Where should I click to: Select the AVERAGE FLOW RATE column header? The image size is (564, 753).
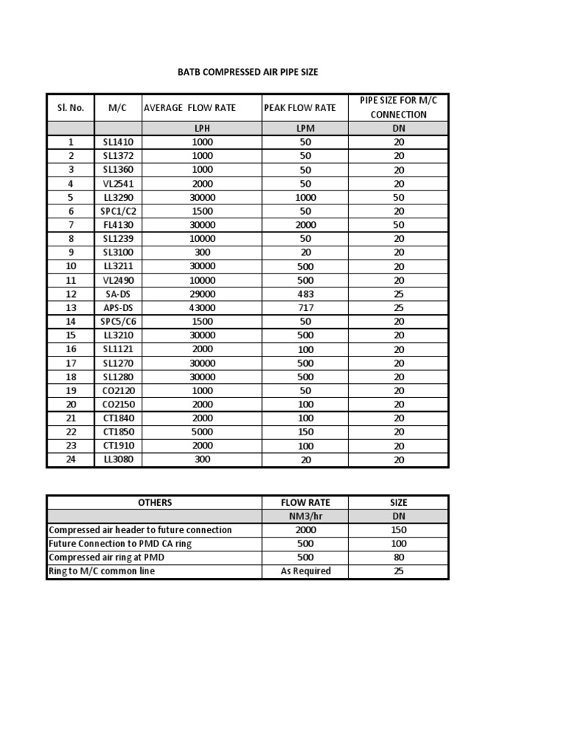pyautogui.click(x=189, y=107)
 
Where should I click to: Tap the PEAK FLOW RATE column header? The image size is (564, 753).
pyautogui.click(x=300, y=107)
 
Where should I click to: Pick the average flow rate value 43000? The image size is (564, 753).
pyautogui.click(x=202, y=307)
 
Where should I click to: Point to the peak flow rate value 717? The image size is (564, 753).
pyautogui.click(x=305, y=307)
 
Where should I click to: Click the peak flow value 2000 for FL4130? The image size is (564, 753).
pyautogui.click(x=305, y=225)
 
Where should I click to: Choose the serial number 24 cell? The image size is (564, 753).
pyautogui.click(x=71, y=460)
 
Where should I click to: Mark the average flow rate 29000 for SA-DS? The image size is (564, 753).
pyautogui.click(x=202, y=294)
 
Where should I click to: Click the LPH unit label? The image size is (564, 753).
pyautogui.click(x=202, y=128)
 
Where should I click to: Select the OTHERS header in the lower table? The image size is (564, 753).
pyautogui.click(x=154, y=502)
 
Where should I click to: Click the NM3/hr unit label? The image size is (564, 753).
pyautogui.click(x=305, y=516)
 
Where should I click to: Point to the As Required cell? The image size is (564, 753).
pyautogui.click(x=305, y=571)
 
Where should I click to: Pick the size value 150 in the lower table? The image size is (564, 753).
pyautogui.click(x=398, y=530)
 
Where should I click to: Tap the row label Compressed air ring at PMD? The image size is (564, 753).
pyautogui.click(x=106, y=557)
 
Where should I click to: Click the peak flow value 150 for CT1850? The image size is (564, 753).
pyautogui.click(x=305, y=432)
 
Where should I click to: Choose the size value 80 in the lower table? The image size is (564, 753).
pyautogui.click(x=398, y=557)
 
